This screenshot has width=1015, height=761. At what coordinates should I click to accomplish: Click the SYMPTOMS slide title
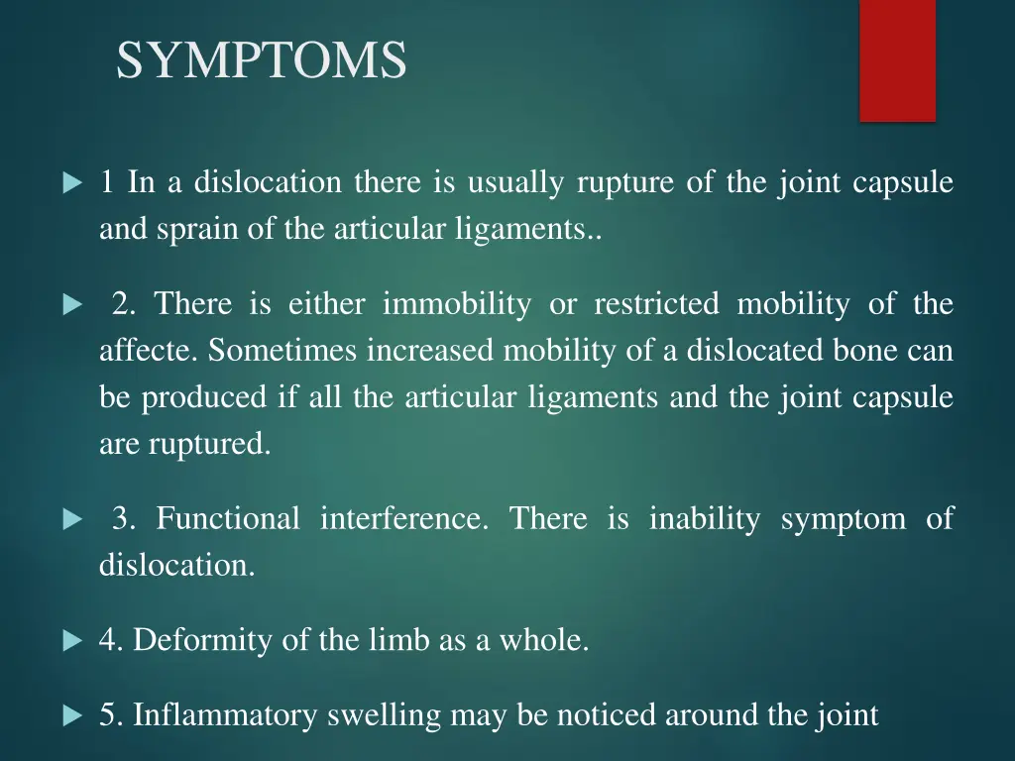261,60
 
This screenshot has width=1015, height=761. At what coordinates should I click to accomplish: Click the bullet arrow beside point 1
71,184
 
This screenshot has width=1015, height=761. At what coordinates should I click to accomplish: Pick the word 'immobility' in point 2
456,304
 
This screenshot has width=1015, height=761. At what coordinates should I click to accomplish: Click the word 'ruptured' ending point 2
208,445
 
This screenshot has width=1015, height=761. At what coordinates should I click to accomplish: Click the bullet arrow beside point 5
71,715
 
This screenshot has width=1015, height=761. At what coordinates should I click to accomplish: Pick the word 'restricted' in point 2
656,304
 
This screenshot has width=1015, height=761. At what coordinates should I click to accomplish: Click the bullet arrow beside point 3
71,519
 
